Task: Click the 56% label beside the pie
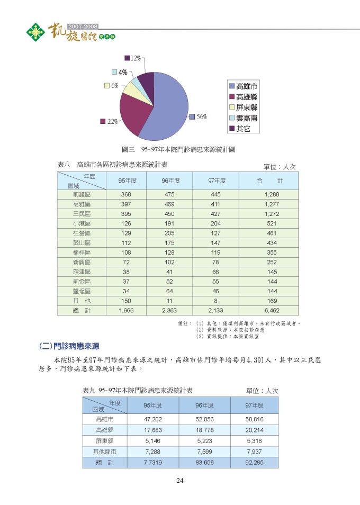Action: (202, 117)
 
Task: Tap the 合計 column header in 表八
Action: (269, 181)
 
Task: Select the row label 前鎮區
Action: (82, 195)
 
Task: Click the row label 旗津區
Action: (82, 272)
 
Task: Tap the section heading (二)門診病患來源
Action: (69, 346)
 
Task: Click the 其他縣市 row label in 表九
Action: (105, 452)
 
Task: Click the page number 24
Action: (180, 481)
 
